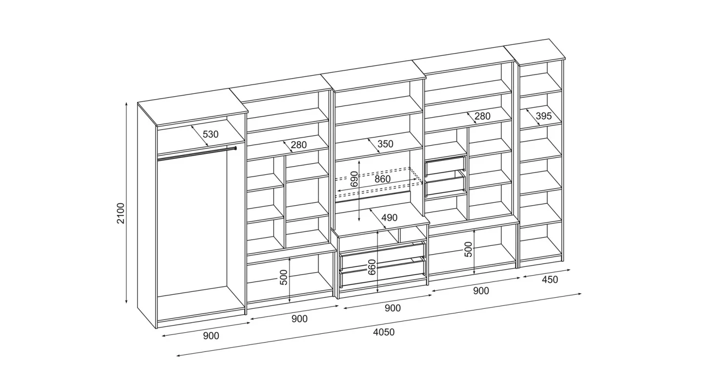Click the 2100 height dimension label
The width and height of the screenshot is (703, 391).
point(121,213)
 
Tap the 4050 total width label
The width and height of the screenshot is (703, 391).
point(384,332)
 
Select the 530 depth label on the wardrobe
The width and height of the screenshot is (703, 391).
point(210,134)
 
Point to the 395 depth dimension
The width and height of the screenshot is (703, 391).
point(543,116)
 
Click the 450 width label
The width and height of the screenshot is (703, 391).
point(550,280)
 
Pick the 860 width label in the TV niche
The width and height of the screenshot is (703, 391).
point(383,179)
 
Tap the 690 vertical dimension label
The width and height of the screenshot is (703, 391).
point(354,179)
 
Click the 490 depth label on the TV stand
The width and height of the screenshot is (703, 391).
point(390,217)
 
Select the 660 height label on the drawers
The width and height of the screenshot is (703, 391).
point(372,267)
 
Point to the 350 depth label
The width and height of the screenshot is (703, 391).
point(385,144)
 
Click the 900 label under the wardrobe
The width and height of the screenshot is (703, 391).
point(211,336)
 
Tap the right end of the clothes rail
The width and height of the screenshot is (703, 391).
point(235,148)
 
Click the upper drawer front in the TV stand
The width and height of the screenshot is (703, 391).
point(383,255)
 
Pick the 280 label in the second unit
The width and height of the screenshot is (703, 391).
point(298,145)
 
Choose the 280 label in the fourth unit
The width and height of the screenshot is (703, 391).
point(482,116)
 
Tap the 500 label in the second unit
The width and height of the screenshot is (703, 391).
point(284,277)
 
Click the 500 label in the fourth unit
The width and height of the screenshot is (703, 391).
point(468,249)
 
